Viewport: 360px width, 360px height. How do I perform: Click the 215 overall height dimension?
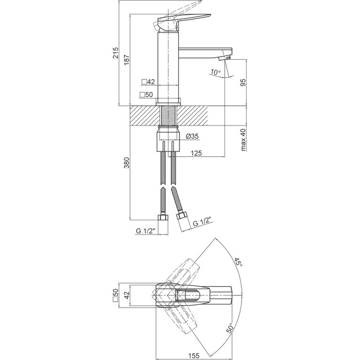[115, 52]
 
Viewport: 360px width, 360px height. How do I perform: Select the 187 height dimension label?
[127, 60]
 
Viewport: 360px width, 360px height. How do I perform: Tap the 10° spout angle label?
[215, 72]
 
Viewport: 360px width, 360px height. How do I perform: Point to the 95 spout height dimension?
[243, 83]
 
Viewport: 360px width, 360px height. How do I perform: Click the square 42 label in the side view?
[148, 82]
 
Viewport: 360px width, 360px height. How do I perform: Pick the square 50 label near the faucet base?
[146, 94]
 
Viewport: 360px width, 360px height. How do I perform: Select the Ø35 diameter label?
[192, 137]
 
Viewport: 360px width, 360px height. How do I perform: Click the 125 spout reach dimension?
[196, 153]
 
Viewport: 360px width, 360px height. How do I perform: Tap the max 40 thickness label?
[243, 140]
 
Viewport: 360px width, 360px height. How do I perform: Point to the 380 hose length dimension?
[127, 163]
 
